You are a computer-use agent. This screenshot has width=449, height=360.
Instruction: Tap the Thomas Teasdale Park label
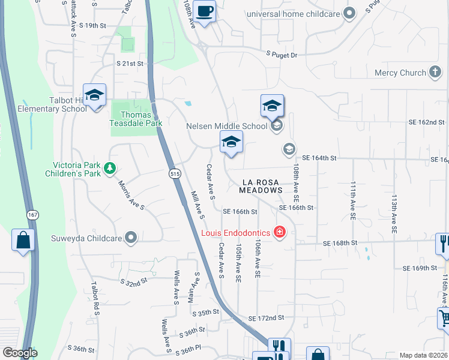(x=133, y=119)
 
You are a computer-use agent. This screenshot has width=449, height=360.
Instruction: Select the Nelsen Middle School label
(x=227, y=126)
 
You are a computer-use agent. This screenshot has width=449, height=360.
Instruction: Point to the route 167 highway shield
(x=32, y=214)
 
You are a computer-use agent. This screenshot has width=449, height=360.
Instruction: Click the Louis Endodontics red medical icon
(x=279, y=232)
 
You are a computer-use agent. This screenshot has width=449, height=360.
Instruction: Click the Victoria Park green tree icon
(x=110, y=169)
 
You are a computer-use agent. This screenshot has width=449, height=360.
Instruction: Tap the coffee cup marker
(x=205, y=11)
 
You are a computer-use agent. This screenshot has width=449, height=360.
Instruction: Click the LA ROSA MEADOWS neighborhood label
(x=261, y=185)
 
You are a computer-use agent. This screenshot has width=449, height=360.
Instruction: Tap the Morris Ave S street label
(x=130, y=196)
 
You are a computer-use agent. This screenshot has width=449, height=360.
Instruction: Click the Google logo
(x=20, y=353)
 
